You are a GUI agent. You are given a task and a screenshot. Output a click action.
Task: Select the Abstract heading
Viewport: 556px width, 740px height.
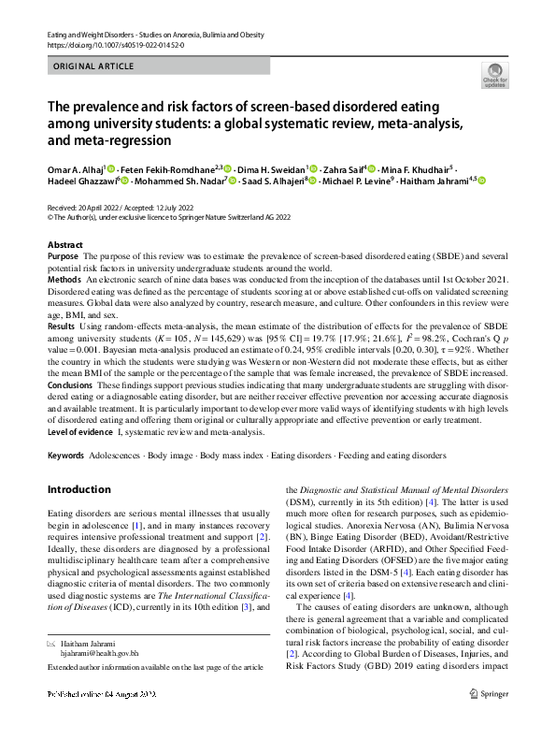point(65,244)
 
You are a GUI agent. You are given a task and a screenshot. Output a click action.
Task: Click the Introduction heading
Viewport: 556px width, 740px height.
point(78,490)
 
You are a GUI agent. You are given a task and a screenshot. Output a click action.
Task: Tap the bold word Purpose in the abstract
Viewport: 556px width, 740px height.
point(63,255)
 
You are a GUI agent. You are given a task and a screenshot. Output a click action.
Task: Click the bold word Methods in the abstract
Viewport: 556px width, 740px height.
point(64,279)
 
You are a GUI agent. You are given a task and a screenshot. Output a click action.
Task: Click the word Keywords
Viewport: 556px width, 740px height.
point(65,456)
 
